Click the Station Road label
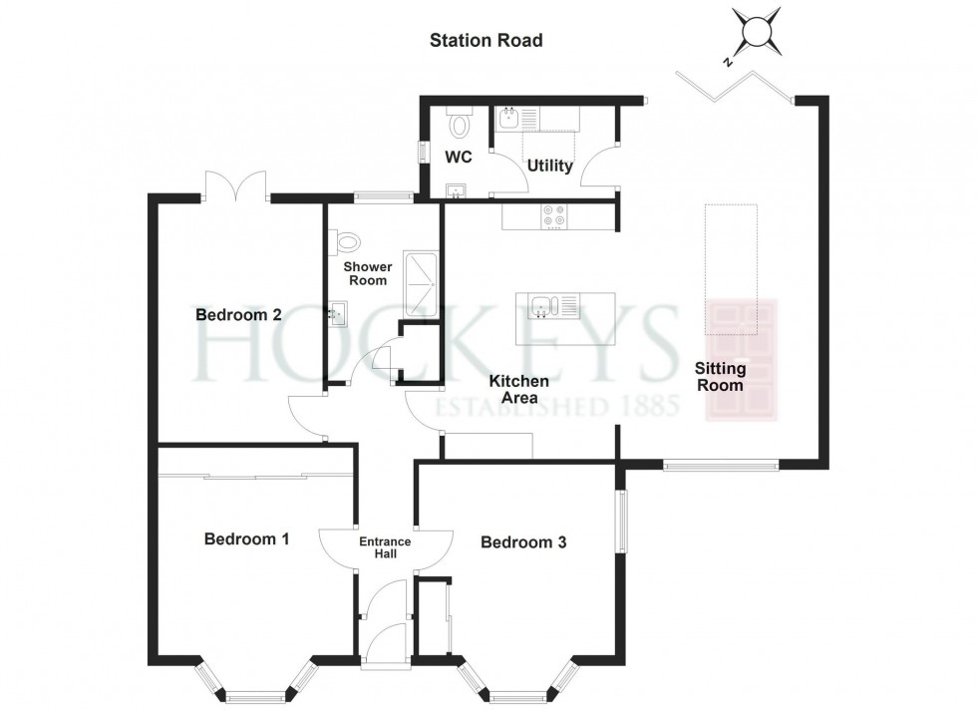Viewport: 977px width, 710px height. [487, 41]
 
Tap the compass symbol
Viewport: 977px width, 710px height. [755, 31]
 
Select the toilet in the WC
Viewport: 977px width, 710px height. [460, 123]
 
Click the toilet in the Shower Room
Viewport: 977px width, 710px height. [346, 241]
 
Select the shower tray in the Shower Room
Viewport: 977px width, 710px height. [421, 283]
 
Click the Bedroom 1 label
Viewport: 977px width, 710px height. [246, 538]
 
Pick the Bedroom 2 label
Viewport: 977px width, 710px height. [238, 314]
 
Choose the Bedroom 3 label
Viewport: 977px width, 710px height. [523, 542]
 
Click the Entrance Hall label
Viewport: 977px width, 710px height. [385, 547]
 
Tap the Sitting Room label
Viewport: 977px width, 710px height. [720, 377]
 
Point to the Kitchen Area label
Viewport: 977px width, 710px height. [519, 389]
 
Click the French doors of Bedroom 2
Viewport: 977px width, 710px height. [235, 184]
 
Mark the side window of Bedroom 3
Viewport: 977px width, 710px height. [621, 522]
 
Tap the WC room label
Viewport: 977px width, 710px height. [458, 157]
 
